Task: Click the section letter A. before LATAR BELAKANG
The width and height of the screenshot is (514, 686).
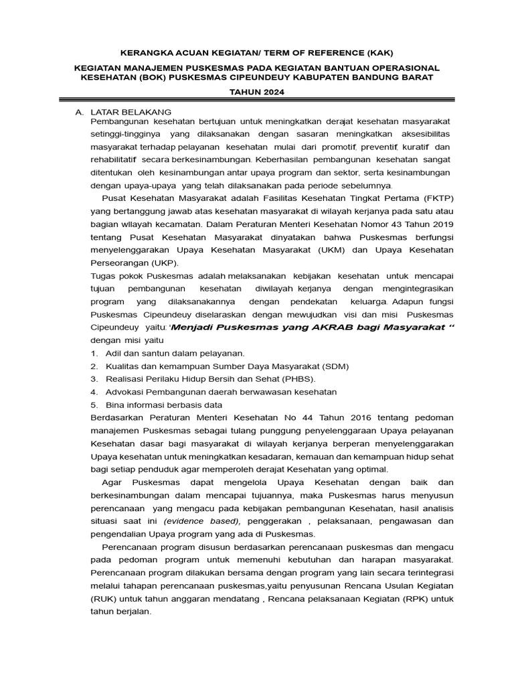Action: point(79,111)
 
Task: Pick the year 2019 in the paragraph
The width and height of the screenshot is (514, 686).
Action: point(440,224)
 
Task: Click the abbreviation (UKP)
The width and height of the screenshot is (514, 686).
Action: point(156,263)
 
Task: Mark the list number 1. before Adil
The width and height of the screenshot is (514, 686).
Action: point(94,353)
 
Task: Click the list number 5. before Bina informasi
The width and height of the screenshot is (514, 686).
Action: point(94,405)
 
